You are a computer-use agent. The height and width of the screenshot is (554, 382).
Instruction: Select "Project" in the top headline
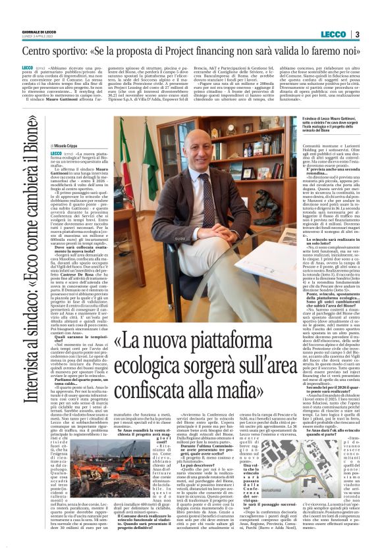tap(216, 51)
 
